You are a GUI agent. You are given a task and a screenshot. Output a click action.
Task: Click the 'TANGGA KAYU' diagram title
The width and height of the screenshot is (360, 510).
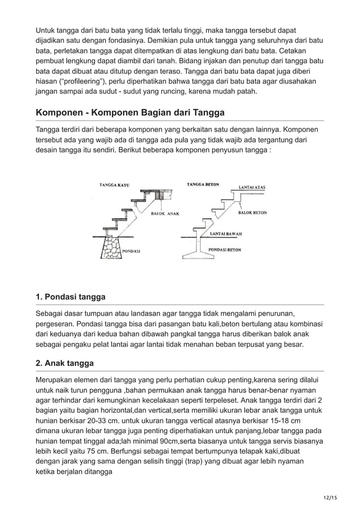pyautogui.click(x=115, y=185)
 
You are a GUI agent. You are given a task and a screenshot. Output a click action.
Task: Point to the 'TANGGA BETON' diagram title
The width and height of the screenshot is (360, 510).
pyautogui.click(x=203, y=184)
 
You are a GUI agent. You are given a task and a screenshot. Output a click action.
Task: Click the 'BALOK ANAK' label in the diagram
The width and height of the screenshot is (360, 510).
pyautogui.click(x=168, y=214)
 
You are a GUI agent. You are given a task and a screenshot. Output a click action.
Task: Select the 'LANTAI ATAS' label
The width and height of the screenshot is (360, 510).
pyautogui.click(x=253, y=186)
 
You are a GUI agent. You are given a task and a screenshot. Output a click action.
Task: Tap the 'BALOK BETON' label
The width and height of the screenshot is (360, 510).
pyautogui.click(x=253, y=213)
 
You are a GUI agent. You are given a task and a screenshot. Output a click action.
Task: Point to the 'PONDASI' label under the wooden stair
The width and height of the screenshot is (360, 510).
pyautogui.click(x=131, y=250)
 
